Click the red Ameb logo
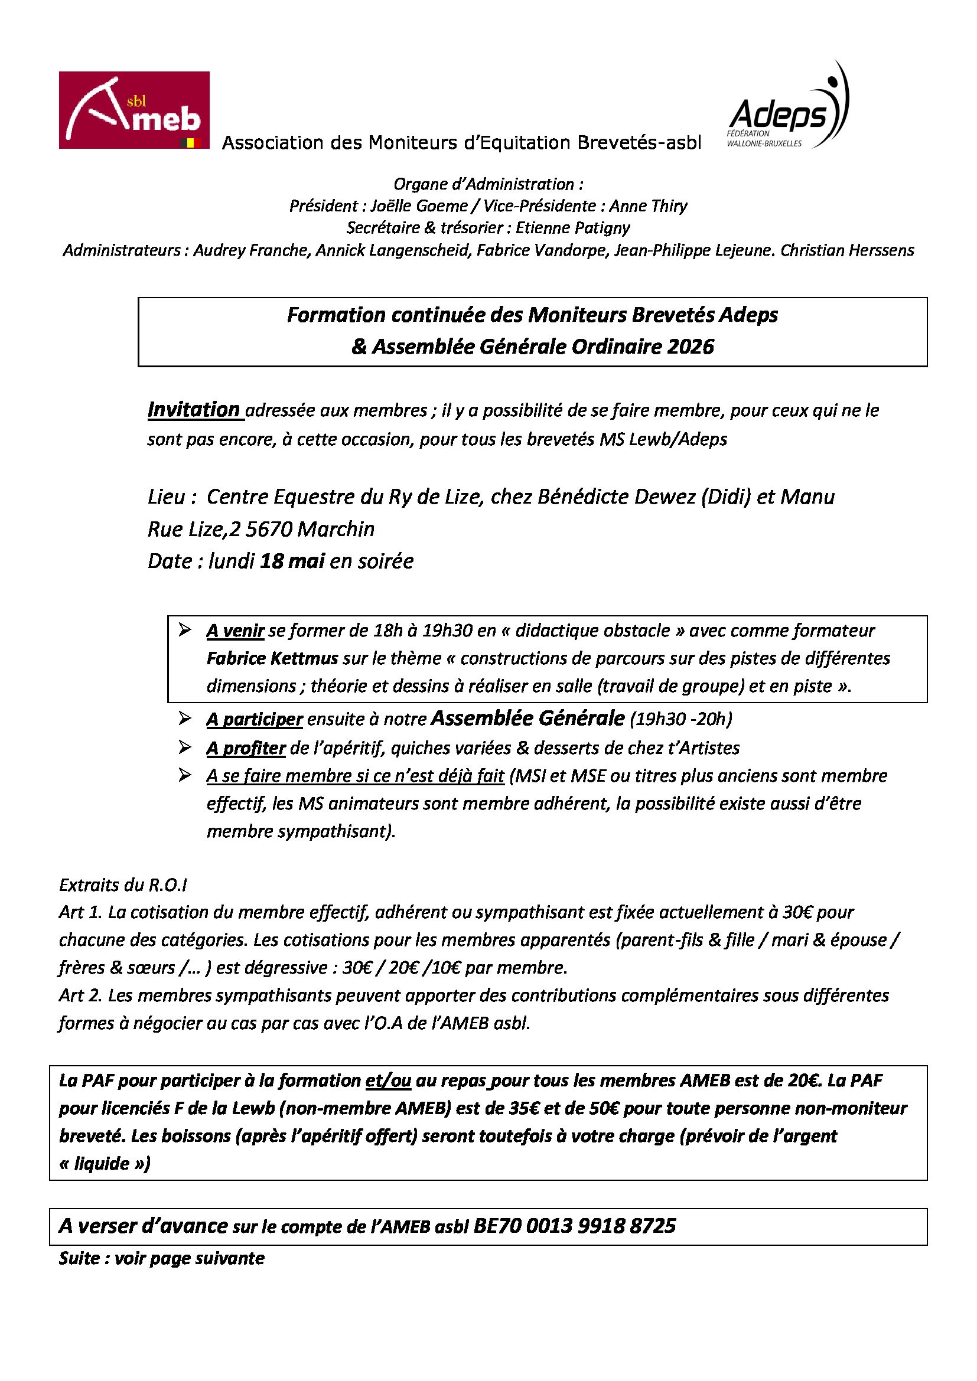(x=133, y=110)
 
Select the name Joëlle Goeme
(x=419, y=206)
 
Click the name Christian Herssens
(x=847, y=250)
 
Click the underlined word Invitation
(x=194, y=410)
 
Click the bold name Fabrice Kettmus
(x=272, y=659)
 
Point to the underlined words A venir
(x=235, y=631)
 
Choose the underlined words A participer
(x=254, y=719)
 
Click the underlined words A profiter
(x=246, y=748)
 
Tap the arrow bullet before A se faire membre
(x=185, y=775)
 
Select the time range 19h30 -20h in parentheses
(x=680, y=719)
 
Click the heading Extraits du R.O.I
(x=123, y=885)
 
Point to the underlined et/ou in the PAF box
(x=388, y=1081)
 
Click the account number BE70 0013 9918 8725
(x=575, y=1226)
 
